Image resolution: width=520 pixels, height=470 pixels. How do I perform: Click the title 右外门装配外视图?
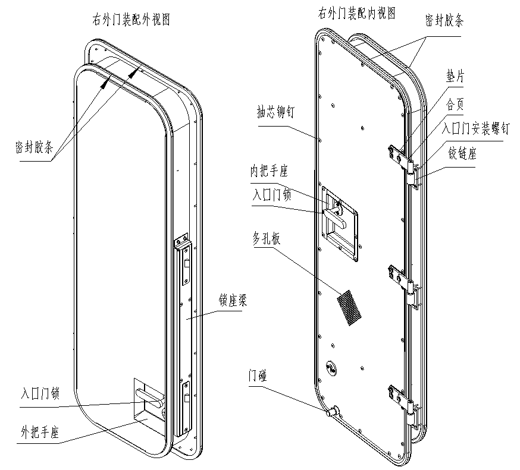pyautogui.click(x=128, y=20)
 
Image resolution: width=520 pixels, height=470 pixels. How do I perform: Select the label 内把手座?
pyautogui.click(x=268, y=172)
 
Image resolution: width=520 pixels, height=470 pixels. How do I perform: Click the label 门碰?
pyautogui.click(x=258, y=376)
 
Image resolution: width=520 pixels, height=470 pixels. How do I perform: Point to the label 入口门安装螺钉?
pyautogui.click(x=477, y=128)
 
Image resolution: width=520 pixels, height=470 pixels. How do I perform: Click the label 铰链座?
pyautogui.click(x=462, y=154)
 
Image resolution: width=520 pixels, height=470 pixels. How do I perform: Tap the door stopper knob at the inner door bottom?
pyautogui.click(x=332, y=411)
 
